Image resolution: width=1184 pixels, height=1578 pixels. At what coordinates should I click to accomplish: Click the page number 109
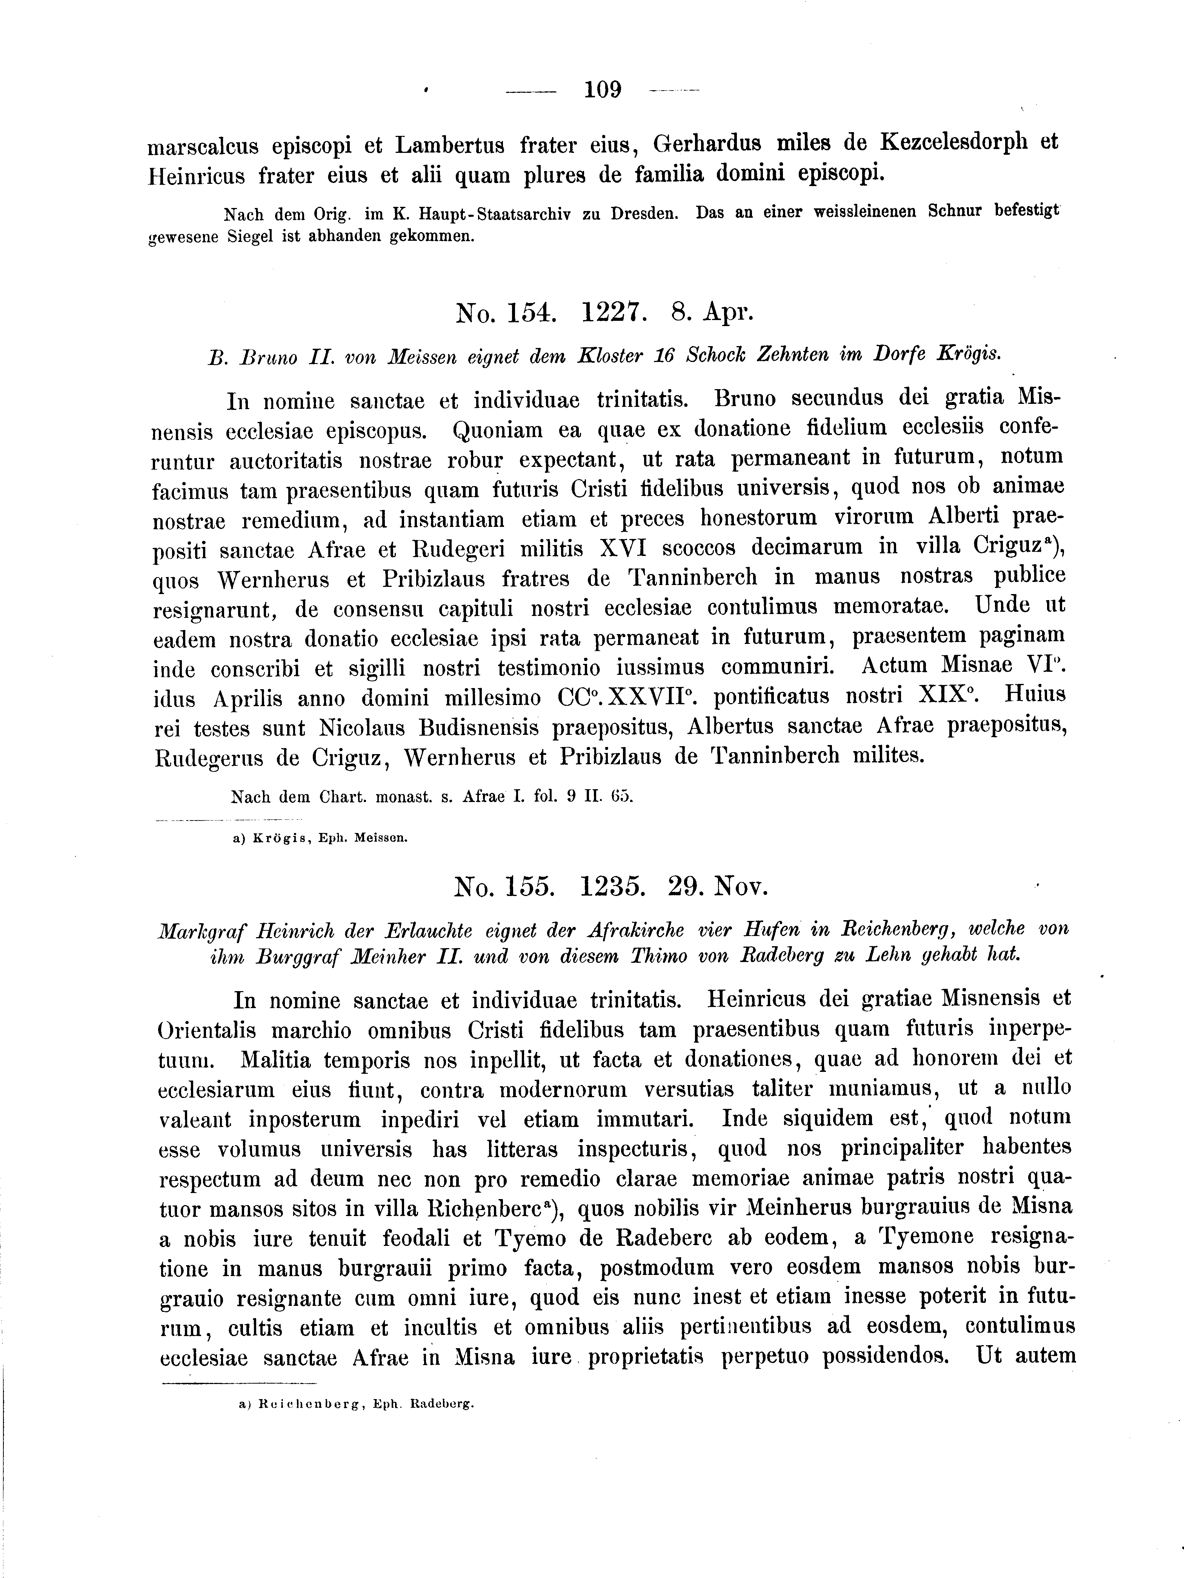(603, 91)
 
